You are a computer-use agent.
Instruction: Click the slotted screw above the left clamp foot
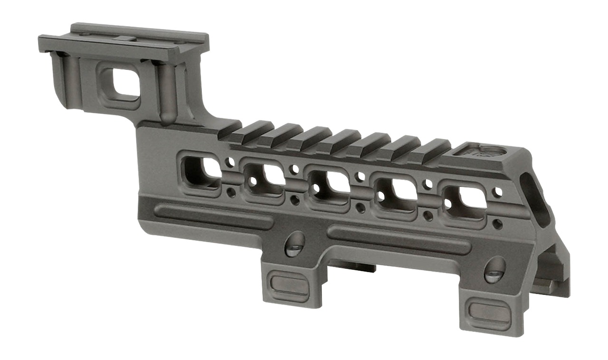point(295,244)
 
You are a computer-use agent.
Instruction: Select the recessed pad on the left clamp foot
point(289,284)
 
